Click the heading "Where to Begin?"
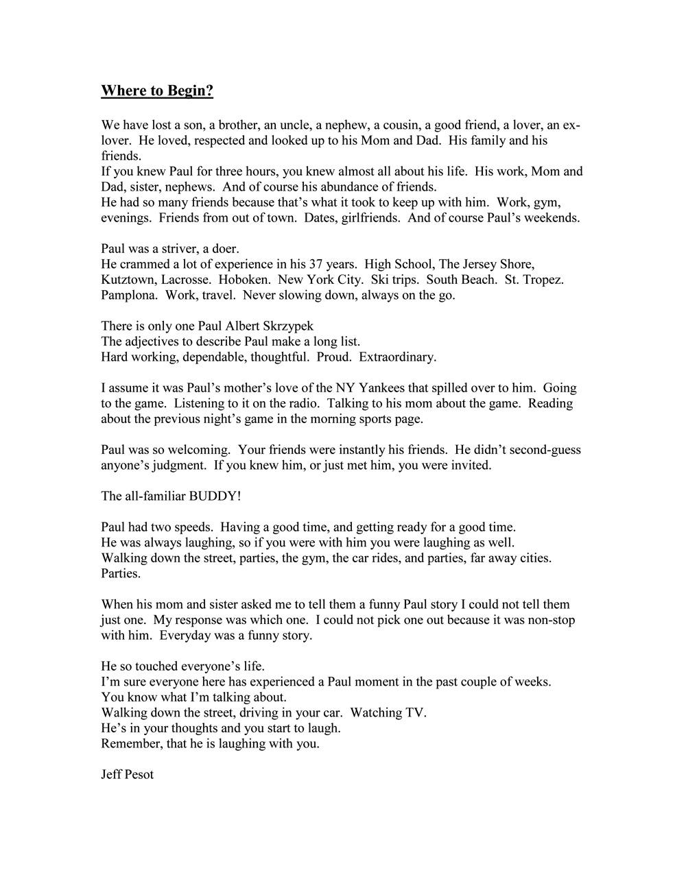pos(157,91)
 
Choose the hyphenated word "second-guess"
pos(541,450)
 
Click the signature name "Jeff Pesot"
pos(128,775)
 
